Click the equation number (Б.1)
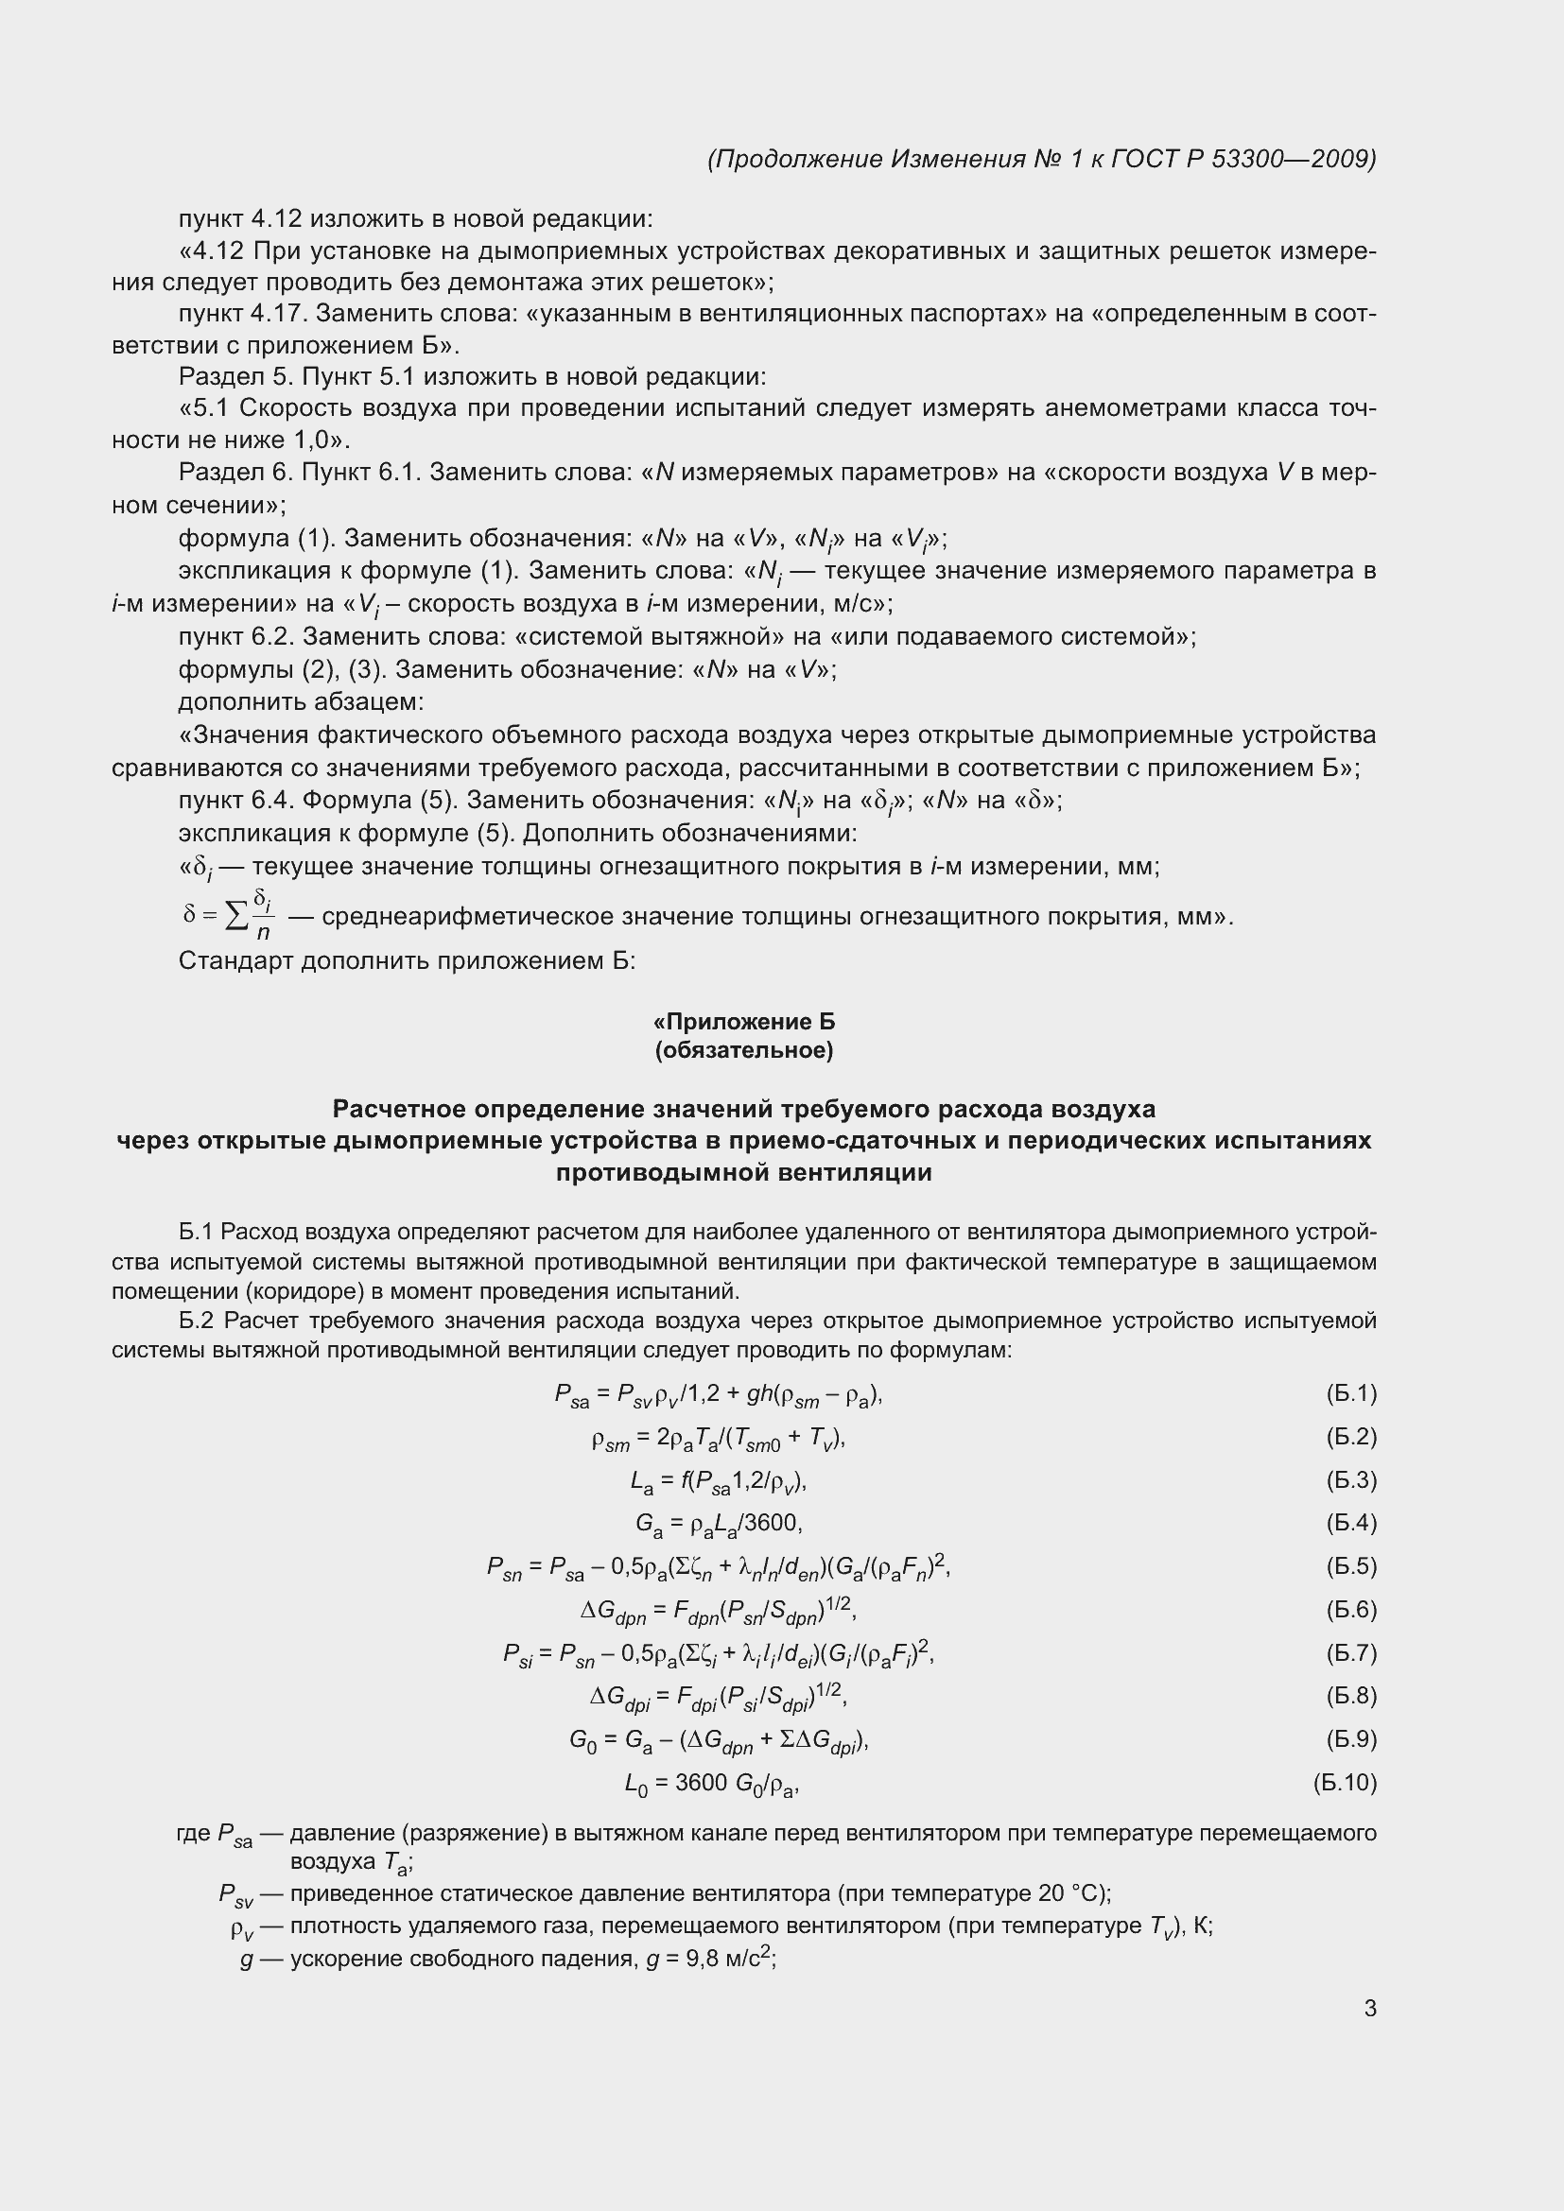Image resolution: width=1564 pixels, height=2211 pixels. (x=1350, y=1393)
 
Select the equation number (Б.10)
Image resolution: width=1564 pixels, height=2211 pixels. (x=1345, y=1783)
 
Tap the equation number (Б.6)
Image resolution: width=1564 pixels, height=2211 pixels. (x=1350, y=1609)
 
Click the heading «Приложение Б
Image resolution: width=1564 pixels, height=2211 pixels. (x=743, y=1021)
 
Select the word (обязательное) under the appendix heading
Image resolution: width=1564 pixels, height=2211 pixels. (x=743, y=1049)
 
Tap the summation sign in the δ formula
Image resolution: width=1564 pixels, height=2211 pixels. (x=236, y=918)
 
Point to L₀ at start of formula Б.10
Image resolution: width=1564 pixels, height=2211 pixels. (x=635, y=1785)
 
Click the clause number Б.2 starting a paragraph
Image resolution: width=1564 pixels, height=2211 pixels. (x=199, y=1321)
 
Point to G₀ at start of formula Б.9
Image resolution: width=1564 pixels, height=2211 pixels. (x=582, y=1741)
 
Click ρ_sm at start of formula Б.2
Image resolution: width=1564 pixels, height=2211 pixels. (x=611, y=1439)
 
